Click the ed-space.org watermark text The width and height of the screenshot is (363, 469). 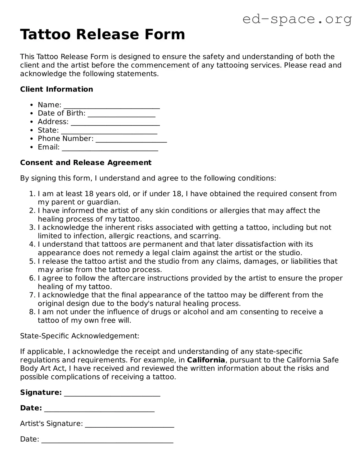[x=297, y=19]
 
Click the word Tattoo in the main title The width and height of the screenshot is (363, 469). [x=45, y=35]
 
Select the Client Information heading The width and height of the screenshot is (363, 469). [x=57, y=89]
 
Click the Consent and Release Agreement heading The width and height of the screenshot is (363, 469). [x=86, y=163]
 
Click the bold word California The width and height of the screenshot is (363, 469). [x=206, y=360]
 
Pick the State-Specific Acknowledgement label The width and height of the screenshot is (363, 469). [x=80, y=336]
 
